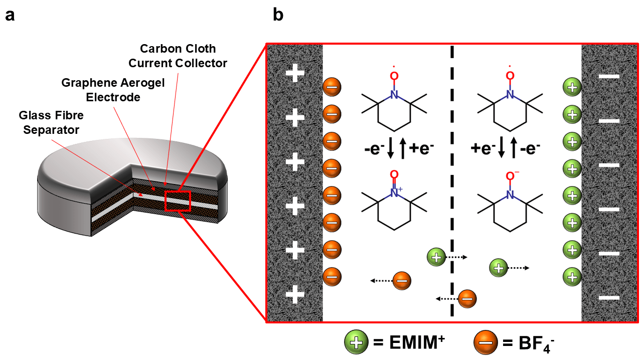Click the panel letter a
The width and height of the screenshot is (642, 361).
point(10,16)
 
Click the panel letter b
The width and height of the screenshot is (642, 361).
point(278,16)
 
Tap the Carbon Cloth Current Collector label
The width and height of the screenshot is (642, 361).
point(178,56)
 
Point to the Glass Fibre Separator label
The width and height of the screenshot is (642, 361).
point(51,122)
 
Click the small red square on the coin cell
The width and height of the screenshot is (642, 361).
point(178,200)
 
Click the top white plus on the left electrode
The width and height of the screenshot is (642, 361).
point(295,74)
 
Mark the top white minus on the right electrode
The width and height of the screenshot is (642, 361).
point(609,77)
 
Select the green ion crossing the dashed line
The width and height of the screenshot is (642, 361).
point(436,257)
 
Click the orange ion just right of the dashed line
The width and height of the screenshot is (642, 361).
point(467,299)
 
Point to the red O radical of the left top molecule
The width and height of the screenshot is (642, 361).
point(394,76)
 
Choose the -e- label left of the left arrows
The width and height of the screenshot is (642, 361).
point(375,149)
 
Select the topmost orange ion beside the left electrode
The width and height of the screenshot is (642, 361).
point(332,86)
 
